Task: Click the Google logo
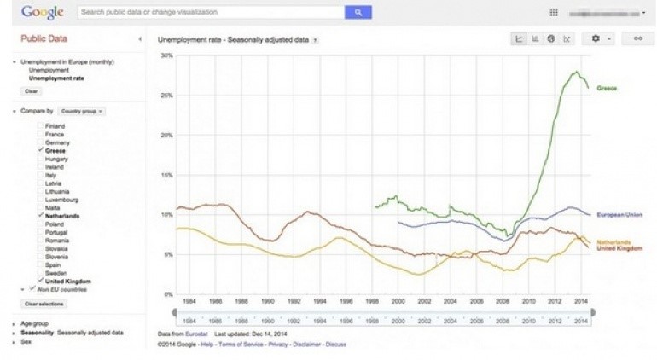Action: pos(44,13)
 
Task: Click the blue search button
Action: pos(358,13)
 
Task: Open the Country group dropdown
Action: pos(82,111)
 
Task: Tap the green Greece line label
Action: pos(607,88)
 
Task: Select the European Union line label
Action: pos(619,214)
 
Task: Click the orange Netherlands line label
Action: pos(613,241)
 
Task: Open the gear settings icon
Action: pos(596,38)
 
